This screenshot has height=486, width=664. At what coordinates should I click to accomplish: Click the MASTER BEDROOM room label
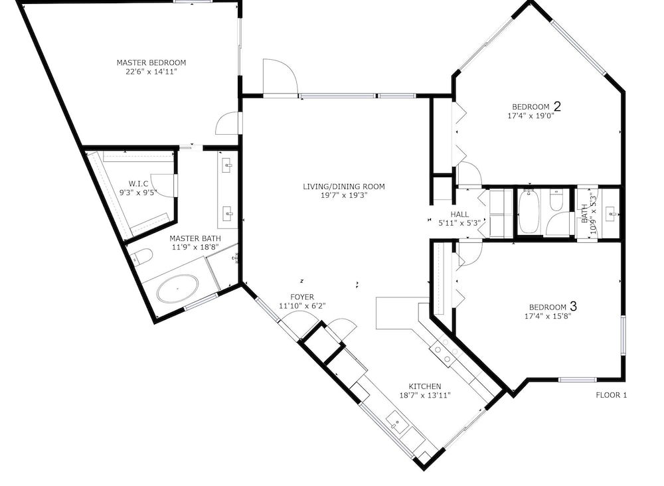coord(151,62)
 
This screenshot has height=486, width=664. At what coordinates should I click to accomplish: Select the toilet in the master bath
coord(142,256)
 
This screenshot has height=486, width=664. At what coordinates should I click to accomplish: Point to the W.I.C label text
coord(139,184)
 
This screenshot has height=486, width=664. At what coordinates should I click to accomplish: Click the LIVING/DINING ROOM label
coord(344,187)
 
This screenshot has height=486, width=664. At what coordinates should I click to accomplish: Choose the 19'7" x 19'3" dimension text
coord(344,195)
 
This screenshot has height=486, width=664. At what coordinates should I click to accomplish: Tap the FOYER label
coord(302,297)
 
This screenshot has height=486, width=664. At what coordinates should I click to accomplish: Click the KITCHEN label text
coord(425,386)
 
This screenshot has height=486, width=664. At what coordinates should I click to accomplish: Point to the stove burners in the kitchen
coord(446,351)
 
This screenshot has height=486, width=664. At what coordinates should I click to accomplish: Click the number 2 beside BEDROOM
coord(557,106)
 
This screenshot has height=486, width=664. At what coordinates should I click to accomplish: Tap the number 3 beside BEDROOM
coord(574,305)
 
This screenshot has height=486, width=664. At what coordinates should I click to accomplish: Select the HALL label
coord(459,214)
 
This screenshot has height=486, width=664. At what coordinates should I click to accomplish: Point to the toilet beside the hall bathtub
coord(556,200)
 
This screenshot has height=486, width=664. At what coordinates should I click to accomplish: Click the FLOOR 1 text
coord(611,395)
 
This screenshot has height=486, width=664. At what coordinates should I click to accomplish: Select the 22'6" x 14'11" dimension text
coord(151,72)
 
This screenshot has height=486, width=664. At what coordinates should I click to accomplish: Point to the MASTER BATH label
coord(195,238)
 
